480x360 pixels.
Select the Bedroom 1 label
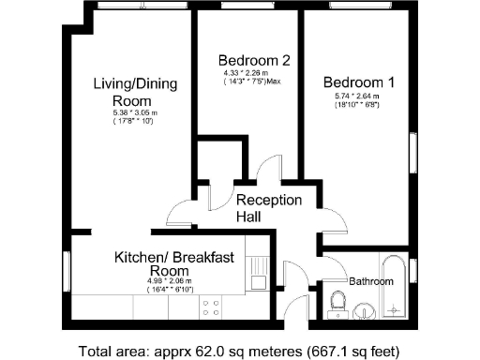(x=358, y=82)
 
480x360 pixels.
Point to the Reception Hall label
(x=268, y=208)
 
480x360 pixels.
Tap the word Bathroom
(x=370, y=280)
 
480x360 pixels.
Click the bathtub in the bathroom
(x=394, y=285)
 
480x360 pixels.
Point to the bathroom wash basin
(x=366, y=309)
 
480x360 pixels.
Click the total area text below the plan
(x=240, y=351)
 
